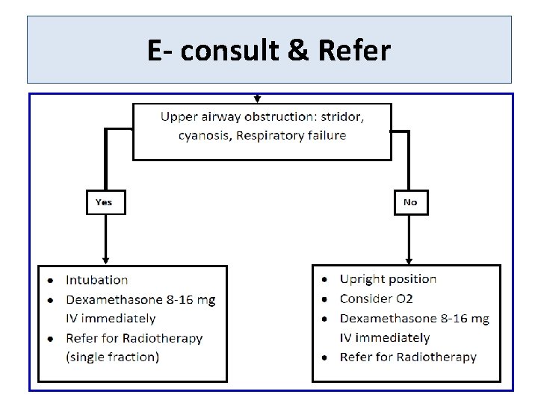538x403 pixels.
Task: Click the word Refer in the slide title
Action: click(354, 51)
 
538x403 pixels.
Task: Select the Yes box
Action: click(104, 202)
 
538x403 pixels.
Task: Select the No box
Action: click(410, 202)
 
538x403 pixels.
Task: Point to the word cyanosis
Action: click(204, 136)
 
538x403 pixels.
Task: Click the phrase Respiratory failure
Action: click(291, 136)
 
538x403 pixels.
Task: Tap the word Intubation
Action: click(96, 280)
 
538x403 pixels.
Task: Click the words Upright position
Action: click(388, 279)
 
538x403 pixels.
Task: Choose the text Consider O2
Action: click(376, 299)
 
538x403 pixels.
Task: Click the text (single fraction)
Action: click(112, 357)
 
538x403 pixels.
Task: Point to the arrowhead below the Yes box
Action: click(105, 260)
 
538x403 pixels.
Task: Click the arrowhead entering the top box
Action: click(258, 99)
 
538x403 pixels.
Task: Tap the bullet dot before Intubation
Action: click(50, 281)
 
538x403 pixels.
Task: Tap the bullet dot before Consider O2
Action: click(324, 299)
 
